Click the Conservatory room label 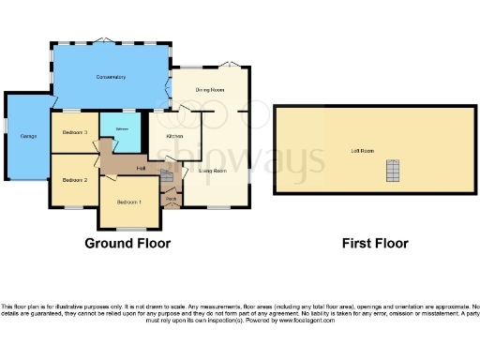pyautogui.click(x=111, y=77)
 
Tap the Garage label pyautogui.click(x=28, y=137)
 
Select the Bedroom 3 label pyautogui.click(x=75, y=133)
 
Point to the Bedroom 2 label pyautogui.click(x=75, y=179)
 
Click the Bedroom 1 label pyautogui.click(x=129, y=202)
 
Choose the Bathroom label pyautogui.click(x=122, y=128)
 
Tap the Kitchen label pyautogui.click(x=174, y=137)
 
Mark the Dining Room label pyautogui.click(x=210, y=90)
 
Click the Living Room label pyautogui.click(x=213, y=171)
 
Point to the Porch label pyautogui.click(x=172, y=199)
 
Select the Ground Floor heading pyautogui.click(x=127, y=243)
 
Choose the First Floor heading pyautogui.click(x=375, y=243)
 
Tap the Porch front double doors pyautogui.click(x=172, y=209)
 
